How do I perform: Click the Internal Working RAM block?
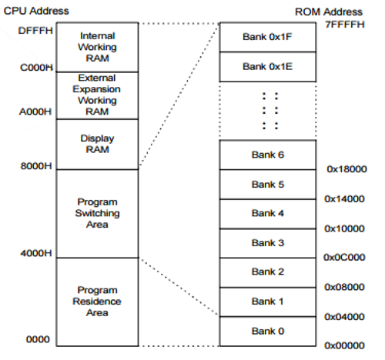tap(98, 46)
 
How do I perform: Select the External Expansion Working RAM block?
tap(98, 95)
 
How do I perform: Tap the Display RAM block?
tap(98, 144)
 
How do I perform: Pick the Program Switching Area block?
tap(98, 213)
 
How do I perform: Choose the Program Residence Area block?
tap(98, 301)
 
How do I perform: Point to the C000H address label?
tap(35, 68)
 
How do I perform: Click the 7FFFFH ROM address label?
tap(343, 25)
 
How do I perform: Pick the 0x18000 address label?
tap(346, 168)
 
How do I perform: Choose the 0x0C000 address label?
tap(346, 258)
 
